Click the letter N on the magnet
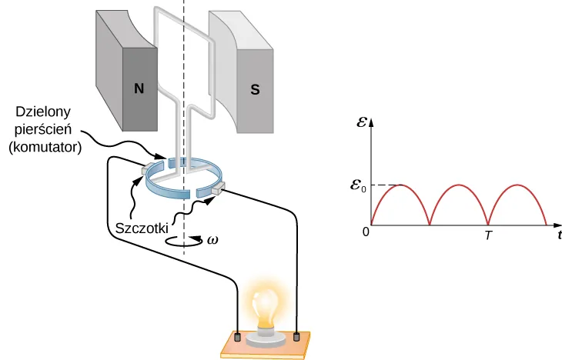(x=139, y=88)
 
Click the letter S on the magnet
(x=253, y=88)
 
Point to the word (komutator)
(x=44, y=148)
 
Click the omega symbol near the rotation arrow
(x=212, y=240)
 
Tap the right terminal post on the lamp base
(x=297, y=336)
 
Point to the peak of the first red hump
(x=400, y=185)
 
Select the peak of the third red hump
(x=517, y=185)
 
